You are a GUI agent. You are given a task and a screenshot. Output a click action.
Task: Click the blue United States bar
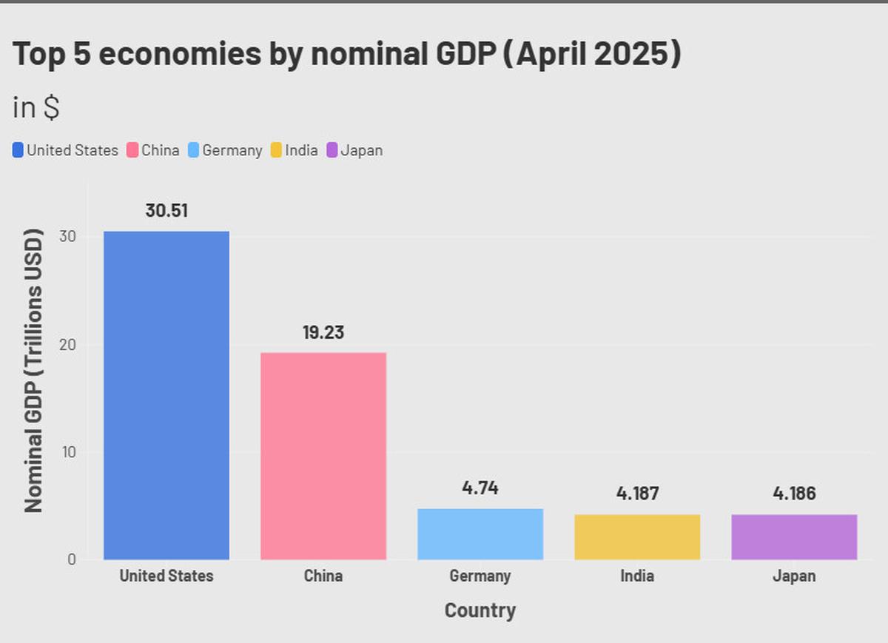pyautogui.click(x=166, y=395)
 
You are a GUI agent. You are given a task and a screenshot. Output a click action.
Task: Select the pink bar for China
pyautogui.click(x=323, y=456)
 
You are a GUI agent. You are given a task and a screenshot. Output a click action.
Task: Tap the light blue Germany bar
pyautogui.click(x=480, y=533)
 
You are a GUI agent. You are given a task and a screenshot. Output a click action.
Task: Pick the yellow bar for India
pyautogui.click(x=637, y=536)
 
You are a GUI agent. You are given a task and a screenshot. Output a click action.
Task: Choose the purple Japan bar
pyautogui.click(x=794, y=536)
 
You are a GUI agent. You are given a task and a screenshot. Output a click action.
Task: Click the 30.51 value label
pyautogui.click(x=166, y=210)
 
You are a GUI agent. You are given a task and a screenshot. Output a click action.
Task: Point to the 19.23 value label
pyautogui.click(x=323, y=332)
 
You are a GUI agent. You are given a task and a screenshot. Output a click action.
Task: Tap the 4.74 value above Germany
pyautogui.click(x=480, y=488)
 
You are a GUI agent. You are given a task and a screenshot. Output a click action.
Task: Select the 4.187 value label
pyautogui.click(x=637, y=493)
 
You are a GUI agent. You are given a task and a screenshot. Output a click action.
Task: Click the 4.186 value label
pyautogui.click(x=794, y=493)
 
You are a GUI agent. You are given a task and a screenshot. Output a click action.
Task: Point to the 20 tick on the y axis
pyautogui.click(x=68, y=345)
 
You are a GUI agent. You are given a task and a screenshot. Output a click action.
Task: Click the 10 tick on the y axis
pyautogui.click(x=68, y=452)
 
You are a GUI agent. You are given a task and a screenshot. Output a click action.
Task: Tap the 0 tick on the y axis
pyautogui.click(x=72, y=559)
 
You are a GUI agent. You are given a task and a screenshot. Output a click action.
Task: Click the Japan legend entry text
pyautogui.click(x=361, y=150)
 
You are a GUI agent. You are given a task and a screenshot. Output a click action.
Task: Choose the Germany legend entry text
pyautogui.click(x=232, y=150)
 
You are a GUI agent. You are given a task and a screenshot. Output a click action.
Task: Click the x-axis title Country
pyautogui.click(x=480, y=610)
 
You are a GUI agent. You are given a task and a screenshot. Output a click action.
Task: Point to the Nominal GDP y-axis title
pyautogui.click(x=33, y=371)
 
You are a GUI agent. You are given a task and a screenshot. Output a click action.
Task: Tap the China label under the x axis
pyautogui.click(x=323, y=576)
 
